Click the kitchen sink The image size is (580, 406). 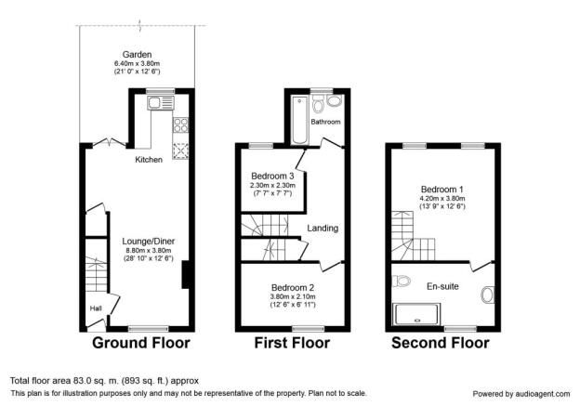pos(161,103)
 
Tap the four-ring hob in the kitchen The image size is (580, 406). pos(180,125)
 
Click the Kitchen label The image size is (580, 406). pos(149,160)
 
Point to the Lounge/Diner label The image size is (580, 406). pos(149,242)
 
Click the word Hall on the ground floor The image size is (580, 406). pos(96,308)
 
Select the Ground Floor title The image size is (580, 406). pos(141,343)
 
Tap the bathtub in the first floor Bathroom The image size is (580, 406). pos(299,120)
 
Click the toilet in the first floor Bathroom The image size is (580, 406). pos(318,103)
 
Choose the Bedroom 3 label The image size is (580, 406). pos(272,176)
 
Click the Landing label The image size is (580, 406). pos(323,229)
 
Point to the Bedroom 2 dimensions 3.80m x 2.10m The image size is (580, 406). pos(293,296)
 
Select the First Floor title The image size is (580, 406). pos(292,343)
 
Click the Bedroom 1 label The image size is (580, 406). pos(442,190)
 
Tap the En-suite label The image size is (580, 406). pos(442,286)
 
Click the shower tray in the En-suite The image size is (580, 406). pos(416,314)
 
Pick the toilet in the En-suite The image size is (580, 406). pos(401,281)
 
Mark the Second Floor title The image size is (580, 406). pos(441,343)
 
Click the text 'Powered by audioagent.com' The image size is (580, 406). pos(521,394)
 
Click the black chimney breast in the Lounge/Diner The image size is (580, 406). pos(186,275)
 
